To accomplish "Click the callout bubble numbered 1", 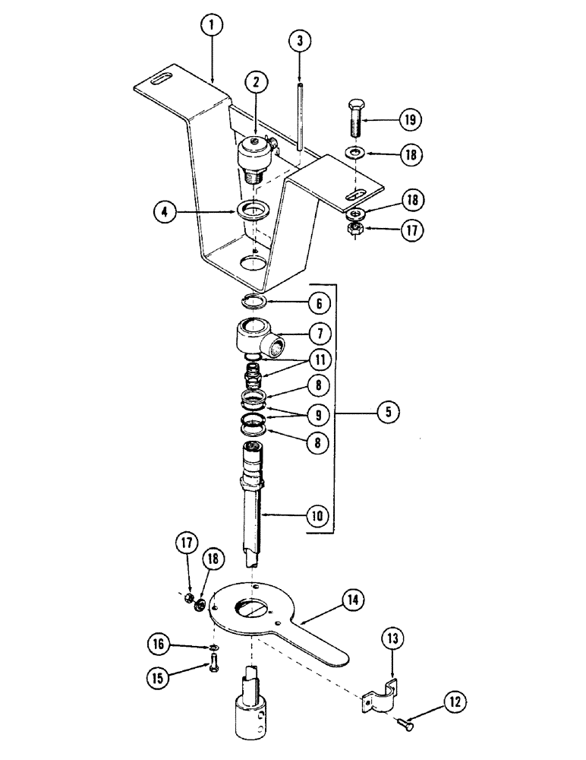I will pyautogui.click(x=213, y=26).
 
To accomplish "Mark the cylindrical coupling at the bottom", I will pyautogui.click(x=251, y=707).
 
